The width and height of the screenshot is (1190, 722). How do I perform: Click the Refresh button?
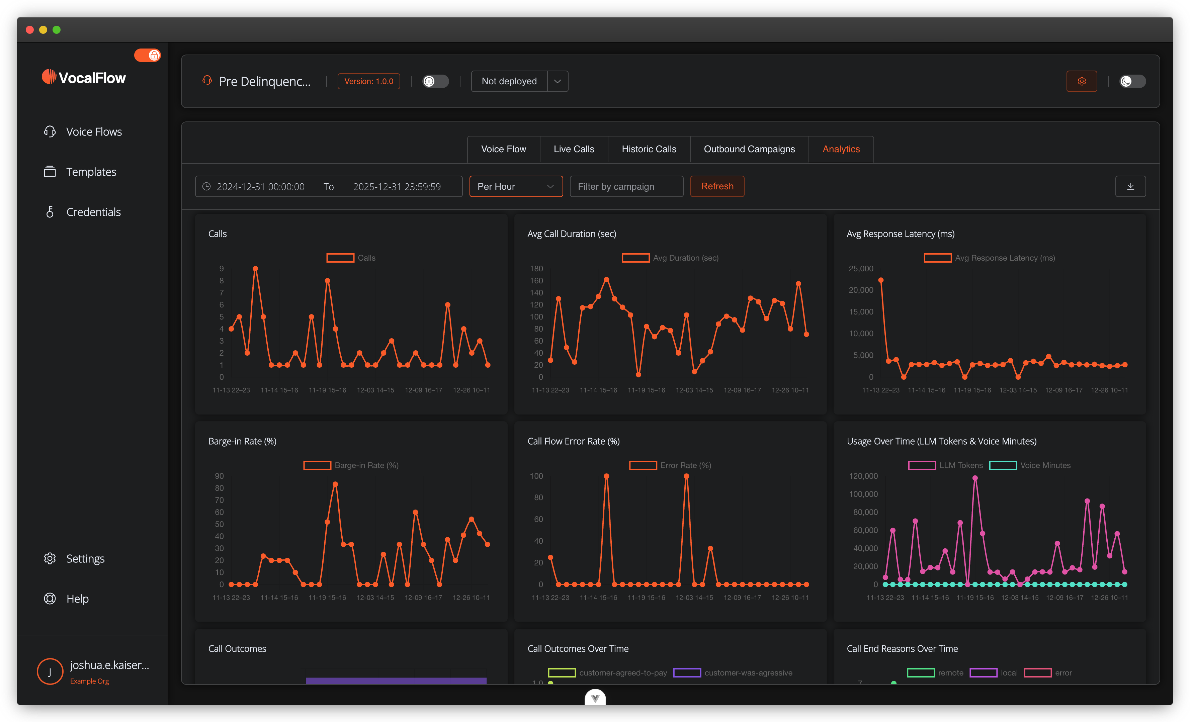coord(717,186)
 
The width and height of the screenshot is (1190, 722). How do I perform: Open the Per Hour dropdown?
coord(515,186)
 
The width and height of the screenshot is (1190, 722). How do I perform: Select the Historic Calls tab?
coord(649,149)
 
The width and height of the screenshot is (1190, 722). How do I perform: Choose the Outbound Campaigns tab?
coord(749,149)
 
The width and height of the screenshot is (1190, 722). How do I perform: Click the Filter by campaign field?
coord(626,186)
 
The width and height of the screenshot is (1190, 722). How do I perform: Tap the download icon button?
coord(1130,186)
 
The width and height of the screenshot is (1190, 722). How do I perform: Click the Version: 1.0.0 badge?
coord(368,81)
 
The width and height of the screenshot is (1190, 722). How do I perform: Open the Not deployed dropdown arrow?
coord(557,81)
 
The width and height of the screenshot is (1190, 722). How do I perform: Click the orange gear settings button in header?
coord(1081,81)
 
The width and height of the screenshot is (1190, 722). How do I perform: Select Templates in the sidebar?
coord(91,172)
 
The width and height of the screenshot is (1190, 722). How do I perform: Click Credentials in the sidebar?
coord(93,212)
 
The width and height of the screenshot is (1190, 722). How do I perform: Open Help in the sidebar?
coord(77,599)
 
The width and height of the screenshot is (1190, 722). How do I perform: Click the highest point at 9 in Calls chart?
coord(255,269)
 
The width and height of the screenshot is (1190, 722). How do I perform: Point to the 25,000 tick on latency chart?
coord(861,269)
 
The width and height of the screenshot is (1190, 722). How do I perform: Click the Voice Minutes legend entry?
coord(1030,465)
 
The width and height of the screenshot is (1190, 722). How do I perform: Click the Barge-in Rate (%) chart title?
coord(242,441)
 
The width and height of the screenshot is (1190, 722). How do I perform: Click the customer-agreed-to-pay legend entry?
coord(608,673)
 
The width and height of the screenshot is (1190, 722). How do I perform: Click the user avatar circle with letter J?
coord(50,671)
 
